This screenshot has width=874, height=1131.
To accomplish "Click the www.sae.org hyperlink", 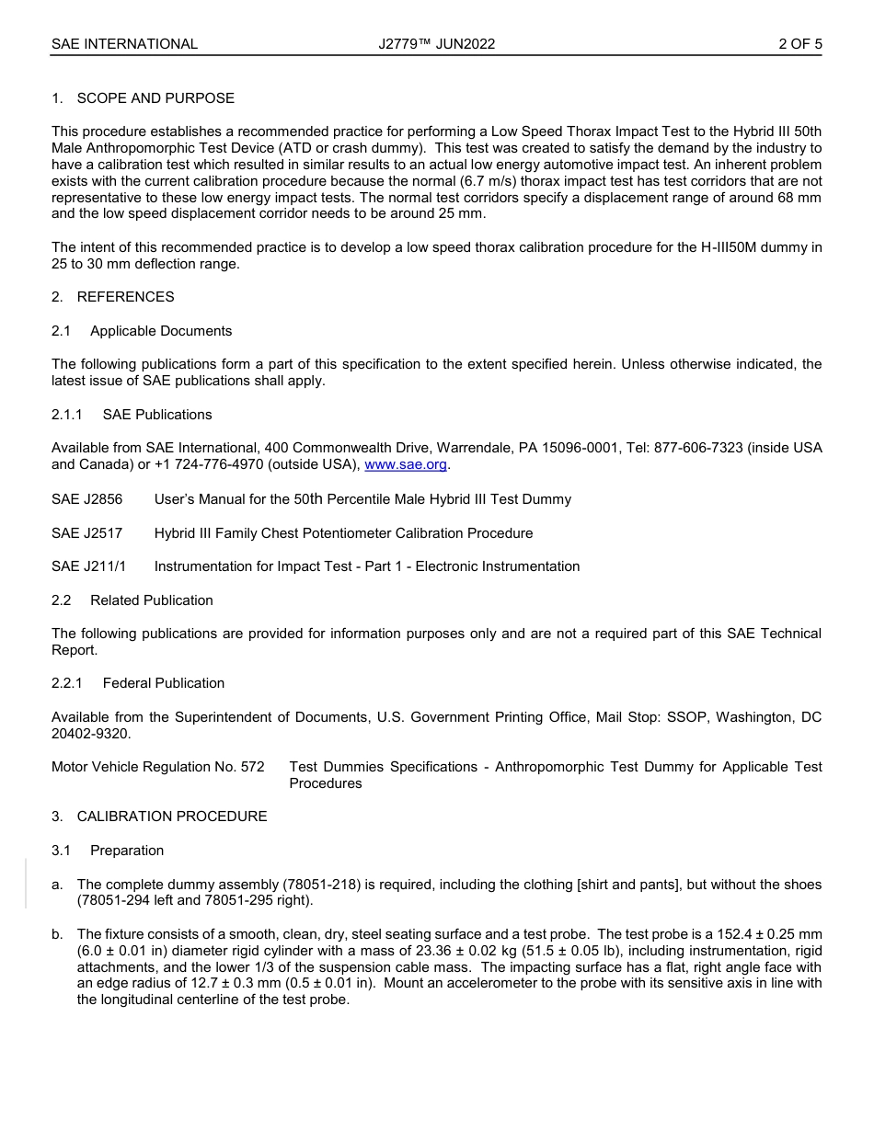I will (406, 464).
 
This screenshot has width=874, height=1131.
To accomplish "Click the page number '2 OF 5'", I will (799, 43).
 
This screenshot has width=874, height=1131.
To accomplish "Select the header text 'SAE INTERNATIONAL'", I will (124, 43).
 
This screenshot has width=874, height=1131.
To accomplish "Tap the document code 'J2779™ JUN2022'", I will (436, 43).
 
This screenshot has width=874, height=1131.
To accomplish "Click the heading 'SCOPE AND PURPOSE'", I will (155, 98).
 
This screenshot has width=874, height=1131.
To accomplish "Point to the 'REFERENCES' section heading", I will (125, 297).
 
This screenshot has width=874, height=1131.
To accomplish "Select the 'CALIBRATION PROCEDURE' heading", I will (172, 817).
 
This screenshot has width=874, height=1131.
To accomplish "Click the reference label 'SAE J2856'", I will (86, 499).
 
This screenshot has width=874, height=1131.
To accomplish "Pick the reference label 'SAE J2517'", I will (86, 533).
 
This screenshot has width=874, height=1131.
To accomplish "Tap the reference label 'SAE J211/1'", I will (89, 566).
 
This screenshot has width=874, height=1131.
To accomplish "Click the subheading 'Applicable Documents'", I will (161, 331).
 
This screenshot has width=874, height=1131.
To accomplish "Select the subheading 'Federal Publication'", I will (164, 683).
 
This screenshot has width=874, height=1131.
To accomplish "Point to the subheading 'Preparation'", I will (127, 851).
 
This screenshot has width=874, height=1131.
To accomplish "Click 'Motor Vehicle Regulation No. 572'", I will (157, 767).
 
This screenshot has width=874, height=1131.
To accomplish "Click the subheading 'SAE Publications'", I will (157, 415).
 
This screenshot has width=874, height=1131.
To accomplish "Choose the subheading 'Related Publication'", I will (152, 600).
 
